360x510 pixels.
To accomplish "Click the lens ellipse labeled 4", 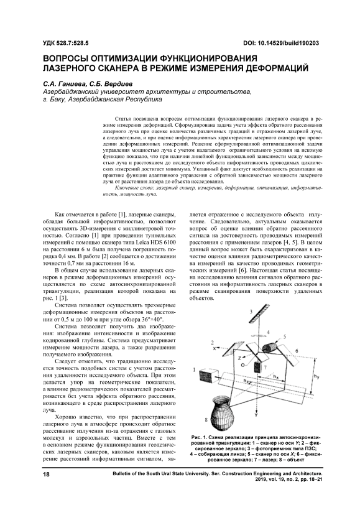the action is click(x=260, y=335).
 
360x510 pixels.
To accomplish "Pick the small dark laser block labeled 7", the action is click(x=258, y=367).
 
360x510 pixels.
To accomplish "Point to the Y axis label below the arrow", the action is click(x=256, y=415).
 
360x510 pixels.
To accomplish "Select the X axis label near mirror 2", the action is click(x=215, y=348).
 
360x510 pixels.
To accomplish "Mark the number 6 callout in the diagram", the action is click(x=296, y=350).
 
